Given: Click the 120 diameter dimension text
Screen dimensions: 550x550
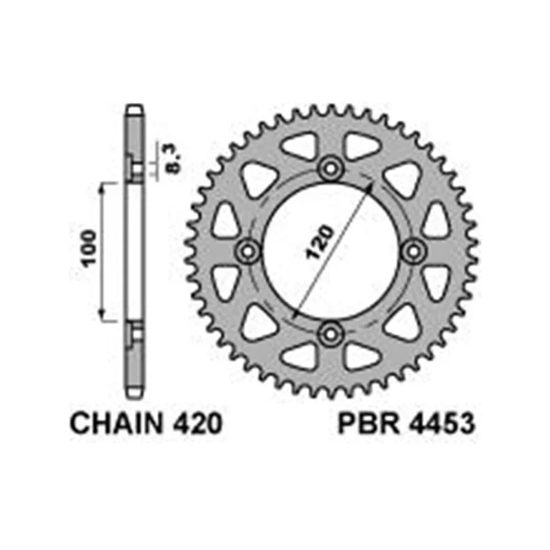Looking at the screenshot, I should [321, 241].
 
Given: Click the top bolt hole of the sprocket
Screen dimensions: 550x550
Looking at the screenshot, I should [331, 167].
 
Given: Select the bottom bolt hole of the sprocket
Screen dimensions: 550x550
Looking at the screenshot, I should [331, 334].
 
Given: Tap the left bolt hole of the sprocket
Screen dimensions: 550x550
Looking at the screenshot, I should [247, 251].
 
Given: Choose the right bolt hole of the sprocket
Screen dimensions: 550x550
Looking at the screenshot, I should [414, 251].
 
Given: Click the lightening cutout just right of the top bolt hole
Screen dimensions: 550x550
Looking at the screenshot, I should [360, 147].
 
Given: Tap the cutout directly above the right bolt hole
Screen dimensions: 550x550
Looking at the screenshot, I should [434, 221].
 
